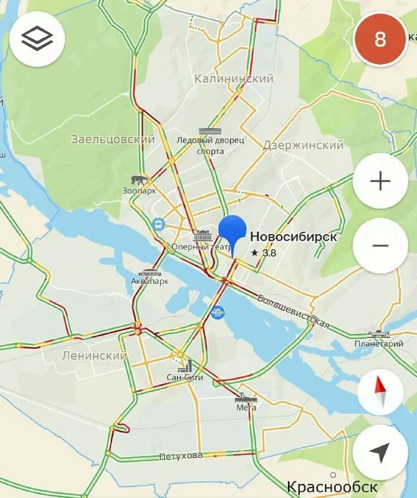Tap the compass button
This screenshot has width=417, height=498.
click(380, 392)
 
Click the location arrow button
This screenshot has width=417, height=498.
click(380, 453)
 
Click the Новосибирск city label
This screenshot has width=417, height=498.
click(294, 237)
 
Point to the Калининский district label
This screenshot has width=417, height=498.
click(234, 78)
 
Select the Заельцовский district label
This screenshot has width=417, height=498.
click(113, 139)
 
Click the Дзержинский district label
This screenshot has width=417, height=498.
click(303, 145)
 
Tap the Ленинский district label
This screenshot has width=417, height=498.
click(94, 355)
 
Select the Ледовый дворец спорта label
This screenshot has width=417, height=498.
click(211, 146)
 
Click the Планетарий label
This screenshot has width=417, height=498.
click(379, 344)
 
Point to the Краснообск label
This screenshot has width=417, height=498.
click(332, 487)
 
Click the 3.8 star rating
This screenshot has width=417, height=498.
click(264, 253)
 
